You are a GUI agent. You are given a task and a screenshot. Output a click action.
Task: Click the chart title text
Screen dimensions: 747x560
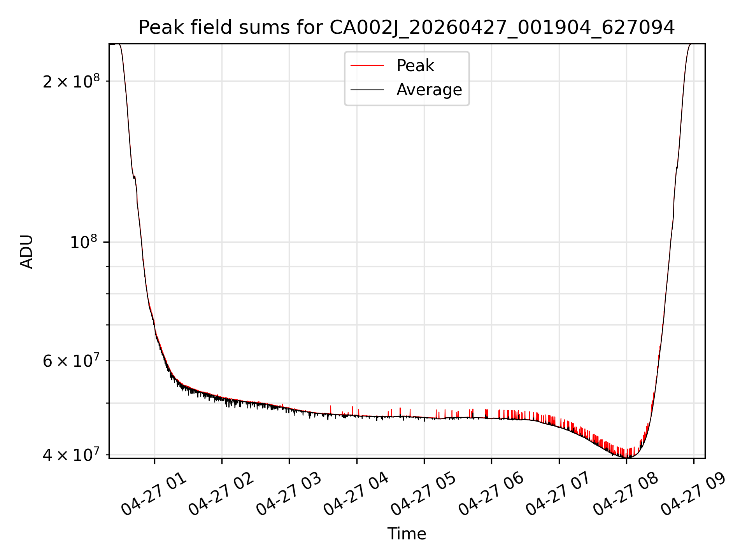click(x=407, y=28)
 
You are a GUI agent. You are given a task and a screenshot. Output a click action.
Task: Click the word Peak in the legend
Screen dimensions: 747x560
click(x=415, y=65)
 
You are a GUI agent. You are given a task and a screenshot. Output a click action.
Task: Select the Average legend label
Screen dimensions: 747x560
click(x=429, y=90)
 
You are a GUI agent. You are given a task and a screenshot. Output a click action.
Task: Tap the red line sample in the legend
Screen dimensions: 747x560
click(x=367, y=66)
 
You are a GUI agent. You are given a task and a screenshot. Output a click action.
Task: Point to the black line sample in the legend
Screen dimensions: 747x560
click(x=367, y=90)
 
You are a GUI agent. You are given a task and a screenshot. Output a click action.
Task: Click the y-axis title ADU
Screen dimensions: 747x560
click(x=26, y=251)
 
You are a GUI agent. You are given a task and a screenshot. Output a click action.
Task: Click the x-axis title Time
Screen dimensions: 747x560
click(x=407, y=534)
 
